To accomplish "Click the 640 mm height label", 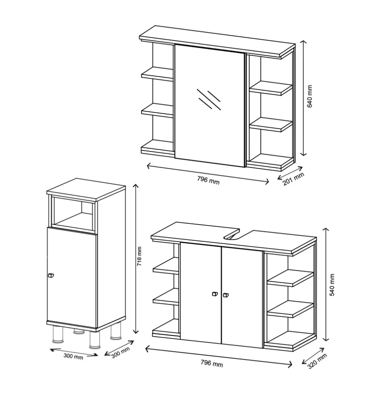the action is pyautogui.click(x=310, y=96).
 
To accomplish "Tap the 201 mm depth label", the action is pyautogui.click(x=293, y=179).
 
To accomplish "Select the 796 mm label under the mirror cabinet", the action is pyautogui.click(x=208, y=180).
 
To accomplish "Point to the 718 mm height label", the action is pyautogui.click(x=139, y=256).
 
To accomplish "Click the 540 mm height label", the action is pyautogui.click(x=332, y=285).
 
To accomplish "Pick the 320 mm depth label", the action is pyautogui.click(x=317, y=361).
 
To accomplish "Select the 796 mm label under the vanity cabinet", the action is pyautogui.click(x=212, y=363).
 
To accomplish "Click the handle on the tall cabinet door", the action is pyautogui.click(x=51, y=276).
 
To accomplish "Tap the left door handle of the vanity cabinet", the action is pyautogui.click(x=215, y=294).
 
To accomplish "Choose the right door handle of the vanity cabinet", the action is pyautogui.click(x=226, y=295).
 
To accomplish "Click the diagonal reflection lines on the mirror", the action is pyautogui.click(x=209, y=100).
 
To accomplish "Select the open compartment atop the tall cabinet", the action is pyautogui.click(x=73, y=214).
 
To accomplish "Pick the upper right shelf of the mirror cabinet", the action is pyautogui.click(x=271, y=88).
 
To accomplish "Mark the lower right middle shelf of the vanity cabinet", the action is pyautogui.click(x=291, y=309).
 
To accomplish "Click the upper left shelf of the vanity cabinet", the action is pyautogui.click(x=166, y=266).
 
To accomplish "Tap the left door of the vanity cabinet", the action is pyautogui.click(x=201, y=293).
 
